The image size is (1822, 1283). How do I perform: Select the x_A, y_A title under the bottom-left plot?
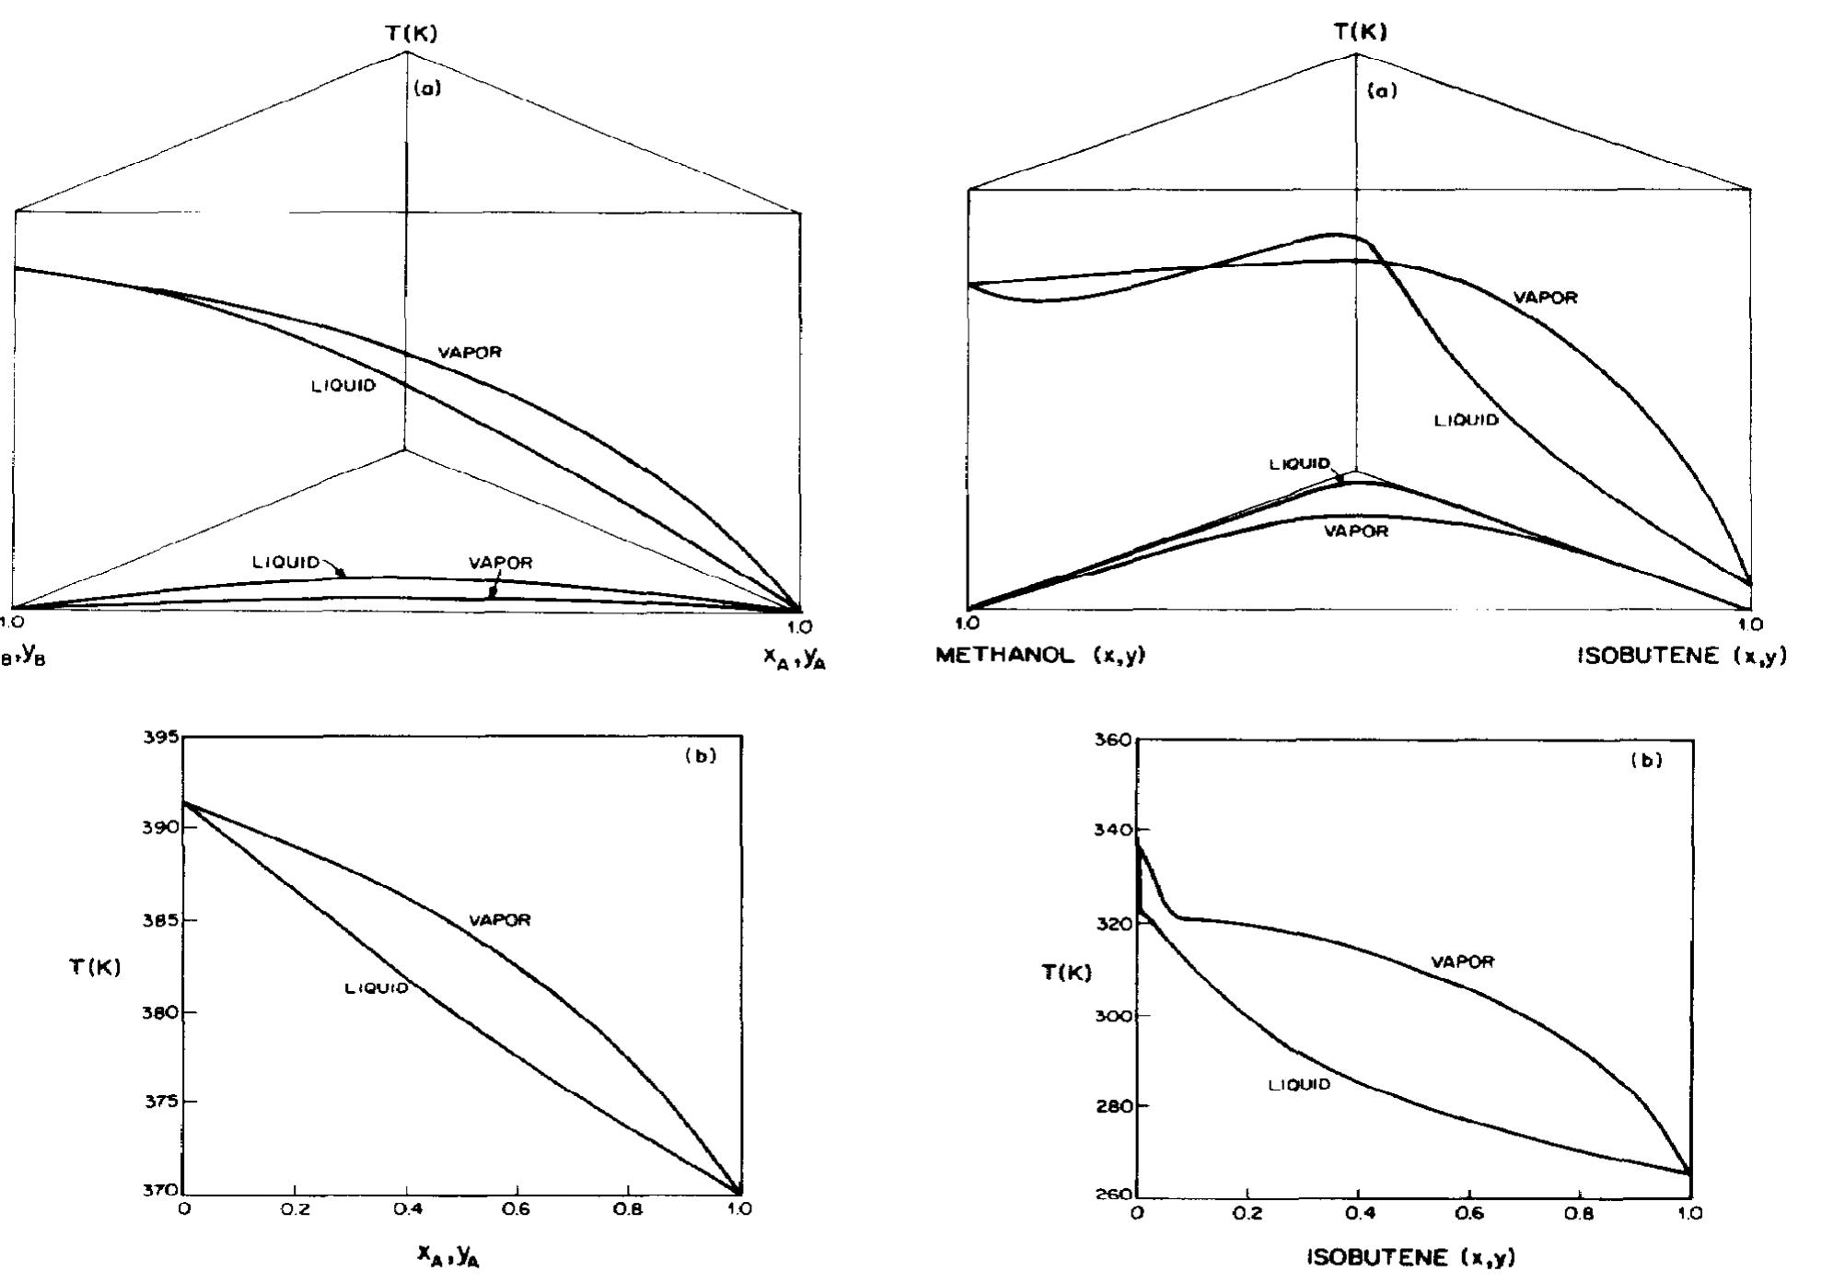[448, 1254]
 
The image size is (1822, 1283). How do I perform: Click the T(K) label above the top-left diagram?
[412, 34]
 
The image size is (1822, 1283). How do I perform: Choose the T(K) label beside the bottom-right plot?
[1067, 973]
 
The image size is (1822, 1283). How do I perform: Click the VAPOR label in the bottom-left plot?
[500, 920]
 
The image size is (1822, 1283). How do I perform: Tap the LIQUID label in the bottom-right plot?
[1299, 1085]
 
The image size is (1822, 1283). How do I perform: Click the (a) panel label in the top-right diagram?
[1382, 90]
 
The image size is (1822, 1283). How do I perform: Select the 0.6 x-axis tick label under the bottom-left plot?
[516, 1209]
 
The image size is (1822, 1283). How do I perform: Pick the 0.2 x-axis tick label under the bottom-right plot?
[1247, 1213]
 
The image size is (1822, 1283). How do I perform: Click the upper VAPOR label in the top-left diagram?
[470, 352]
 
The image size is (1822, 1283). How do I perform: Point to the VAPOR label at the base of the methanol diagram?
[1355, 531]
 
